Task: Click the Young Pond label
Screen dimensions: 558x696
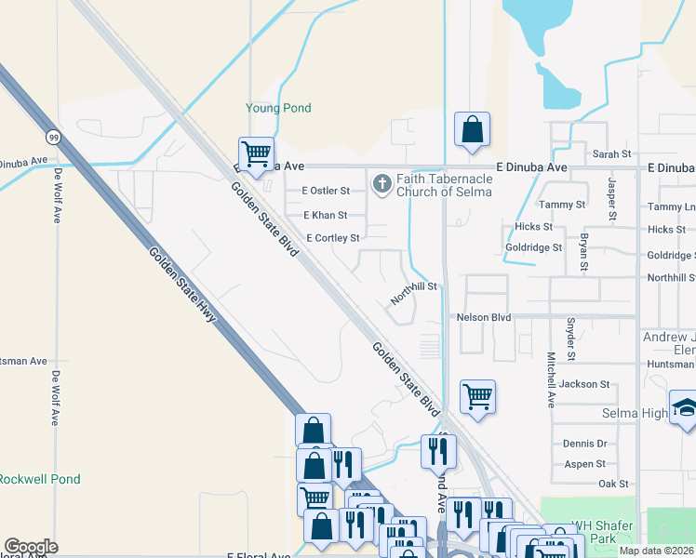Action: (x=278, y=108)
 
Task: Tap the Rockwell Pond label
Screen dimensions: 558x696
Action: (x=39, y=479)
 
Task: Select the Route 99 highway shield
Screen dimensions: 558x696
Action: (x=56, y=137)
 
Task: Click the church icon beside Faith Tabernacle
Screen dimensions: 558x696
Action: (x=381, y=183)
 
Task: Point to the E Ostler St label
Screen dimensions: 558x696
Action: (x=318, y=191)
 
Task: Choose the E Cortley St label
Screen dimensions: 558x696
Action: (x=332, y=238)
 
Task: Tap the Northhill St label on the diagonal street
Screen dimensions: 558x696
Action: (x=413, y=293)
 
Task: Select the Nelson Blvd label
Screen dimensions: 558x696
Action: (x=484, y=317)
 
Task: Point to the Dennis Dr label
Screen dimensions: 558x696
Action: (x=584, y=444)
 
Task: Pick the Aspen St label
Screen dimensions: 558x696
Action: (x=584, y=463)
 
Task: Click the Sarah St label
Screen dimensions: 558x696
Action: (x=611, y=153)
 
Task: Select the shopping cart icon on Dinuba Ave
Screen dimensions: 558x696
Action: (x=255, y=153)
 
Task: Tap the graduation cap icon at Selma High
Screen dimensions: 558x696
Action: (x=685, y=410)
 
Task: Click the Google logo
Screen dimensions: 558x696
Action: (x=31, y=547)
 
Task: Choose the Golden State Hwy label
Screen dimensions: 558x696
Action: (x=182, y=286)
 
